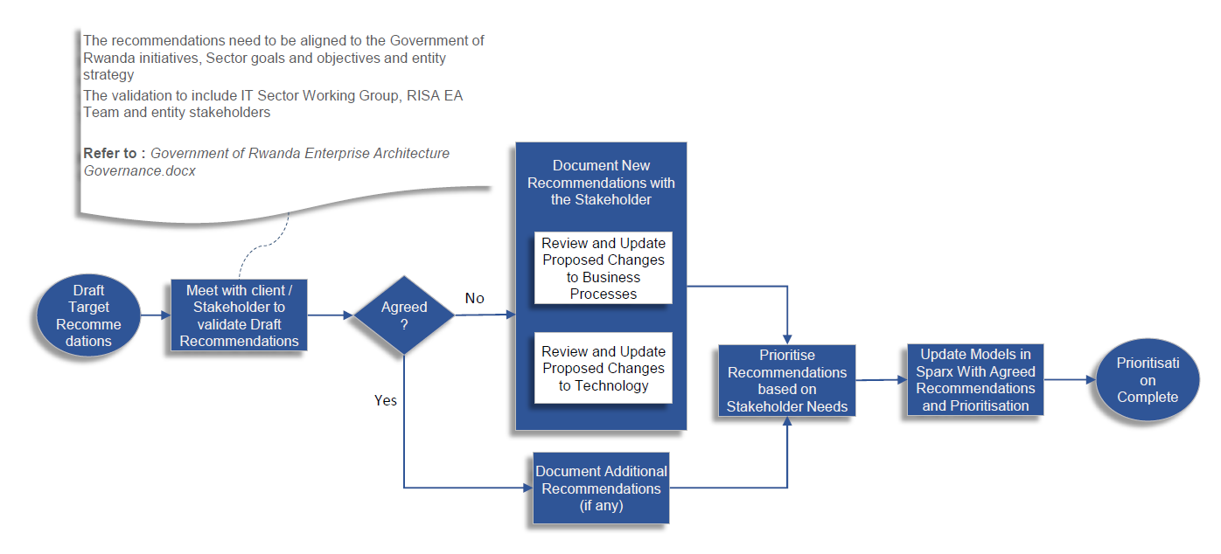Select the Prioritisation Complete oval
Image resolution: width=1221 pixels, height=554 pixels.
[x=1147, y=380]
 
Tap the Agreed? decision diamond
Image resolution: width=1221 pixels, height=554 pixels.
[x=404, y=315]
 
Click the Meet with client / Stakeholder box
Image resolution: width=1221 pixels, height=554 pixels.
[x=239, y=315]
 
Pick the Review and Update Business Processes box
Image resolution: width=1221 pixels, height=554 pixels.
[x=604, y=268]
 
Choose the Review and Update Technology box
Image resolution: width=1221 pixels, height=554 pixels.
[x=604, y=368]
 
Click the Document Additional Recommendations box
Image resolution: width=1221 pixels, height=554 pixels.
[x=601, y=488]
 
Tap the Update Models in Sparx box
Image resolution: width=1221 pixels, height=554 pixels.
[x=975, y=379]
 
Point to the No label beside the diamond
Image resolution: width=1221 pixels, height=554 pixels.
[x=474, y=299]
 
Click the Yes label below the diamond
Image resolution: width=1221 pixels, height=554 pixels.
[x=386, y=400]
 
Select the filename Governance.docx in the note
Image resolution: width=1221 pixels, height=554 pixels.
[x=140, y=170]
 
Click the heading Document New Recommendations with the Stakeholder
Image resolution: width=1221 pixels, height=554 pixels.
[x=601, y=182]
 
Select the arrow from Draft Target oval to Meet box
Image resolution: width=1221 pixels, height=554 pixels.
[x=155, y=315]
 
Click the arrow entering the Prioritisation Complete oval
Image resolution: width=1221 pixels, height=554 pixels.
[x=1070, y=379]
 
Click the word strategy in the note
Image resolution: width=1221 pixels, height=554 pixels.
[x=108, y=75]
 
